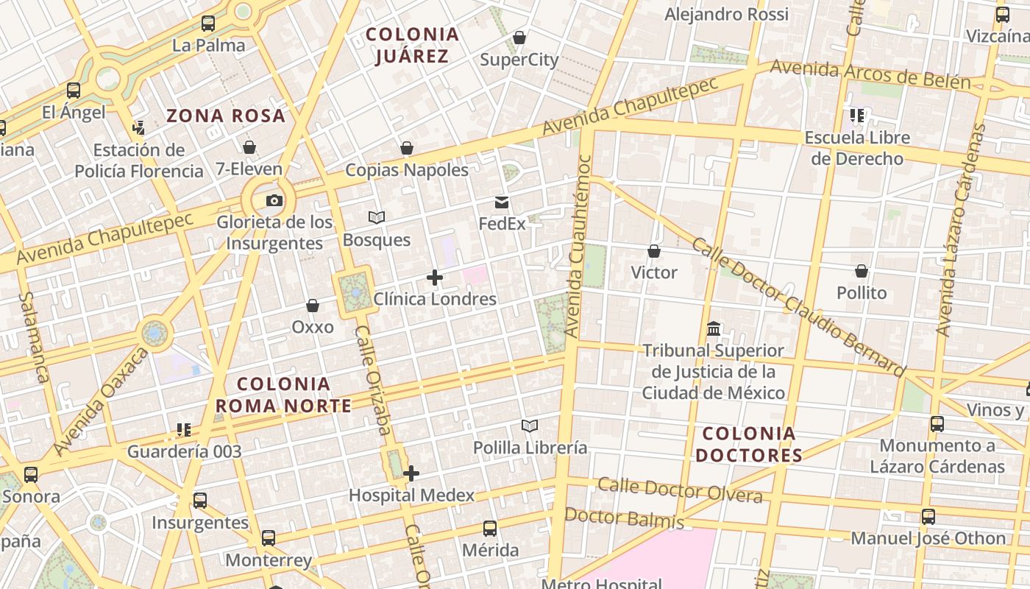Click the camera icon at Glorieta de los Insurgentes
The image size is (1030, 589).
click(x=274, y=200)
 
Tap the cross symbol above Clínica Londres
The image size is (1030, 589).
click(x=435, y=278)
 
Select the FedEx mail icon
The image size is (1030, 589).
click(x=502, y=202)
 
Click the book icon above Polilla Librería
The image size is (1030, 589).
click(x=530, y=426)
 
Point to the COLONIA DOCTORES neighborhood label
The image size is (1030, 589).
click(x=749, y=444)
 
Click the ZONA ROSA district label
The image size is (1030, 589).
click(x=226, y=116)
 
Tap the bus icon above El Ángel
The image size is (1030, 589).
click(x=74, y=91)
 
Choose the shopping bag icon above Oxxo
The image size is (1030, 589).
click(x=313, y=306)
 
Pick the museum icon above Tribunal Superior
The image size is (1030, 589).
click(x=713, y=328)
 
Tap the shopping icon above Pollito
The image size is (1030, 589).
click(x=862, y=271)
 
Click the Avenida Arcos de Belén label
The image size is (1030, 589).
click(x=870, y=75)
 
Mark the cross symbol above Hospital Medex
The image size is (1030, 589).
click(x=411, y=473)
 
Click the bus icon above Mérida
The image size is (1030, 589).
click(x=490, y=528)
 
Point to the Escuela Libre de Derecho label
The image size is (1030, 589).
click(x=857, y=148)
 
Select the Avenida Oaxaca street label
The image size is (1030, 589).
click(x=101, y=401)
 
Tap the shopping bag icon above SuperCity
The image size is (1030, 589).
click(x=519, y=38)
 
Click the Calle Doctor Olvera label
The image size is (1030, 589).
click(x=680, y=490)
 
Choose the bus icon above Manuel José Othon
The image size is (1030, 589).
click(x=928, y=517)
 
